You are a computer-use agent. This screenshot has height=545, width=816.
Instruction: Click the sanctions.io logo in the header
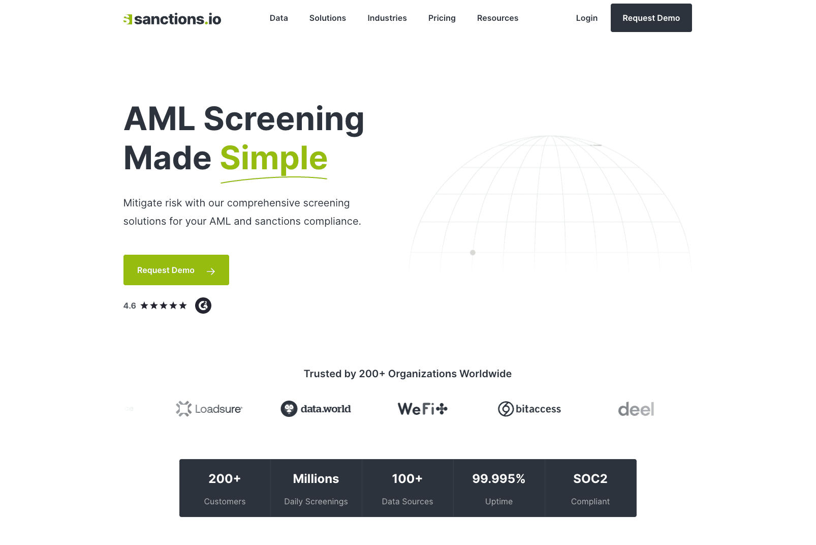[172, 19]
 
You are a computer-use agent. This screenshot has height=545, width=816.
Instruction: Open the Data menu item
[278, 18]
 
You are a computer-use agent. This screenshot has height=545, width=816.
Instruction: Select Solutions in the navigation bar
[328, 18]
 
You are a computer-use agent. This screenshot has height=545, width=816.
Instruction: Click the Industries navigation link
[387, 18]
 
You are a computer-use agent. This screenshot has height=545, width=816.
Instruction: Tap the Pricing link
[442, 18]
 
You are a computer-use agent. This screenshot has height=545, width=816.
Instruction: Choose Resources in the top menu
[497, 18]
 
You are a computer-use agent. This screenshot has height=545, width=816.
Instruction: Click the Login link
[586, 18]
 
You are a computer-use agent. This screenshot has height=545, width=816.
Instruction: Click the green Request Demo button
[176, 270]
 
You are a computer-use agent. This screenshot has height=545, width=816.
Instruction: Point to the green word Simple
[273, 158]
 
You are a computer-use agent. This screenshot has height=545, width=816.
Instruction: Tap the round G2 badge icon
[203, 306]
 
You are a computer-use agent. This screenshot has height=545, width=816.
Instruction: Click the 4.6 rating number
[130, 306]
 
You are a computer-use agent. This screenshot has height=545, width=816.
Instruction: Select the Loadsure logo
[209, 409]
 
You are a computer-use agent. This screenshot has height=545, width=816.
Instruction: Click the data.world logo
[316, 409]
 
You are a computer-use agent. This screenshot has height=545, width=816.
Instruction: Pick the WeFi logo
[423, 409]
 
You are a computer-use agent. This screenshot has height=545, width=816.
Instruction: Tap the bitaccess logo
[529, 409]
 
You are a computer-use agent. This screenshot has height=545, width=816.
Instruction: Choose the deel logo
[636, 409]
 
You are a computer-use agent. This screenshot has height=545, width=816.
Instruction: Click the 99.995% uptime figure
[499, 478]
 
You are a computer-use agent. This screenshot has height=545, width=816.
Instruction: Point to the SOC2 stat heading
[590, 478]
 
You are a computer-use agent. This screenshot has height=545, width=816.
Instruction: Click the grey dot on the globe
[473, 252]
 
